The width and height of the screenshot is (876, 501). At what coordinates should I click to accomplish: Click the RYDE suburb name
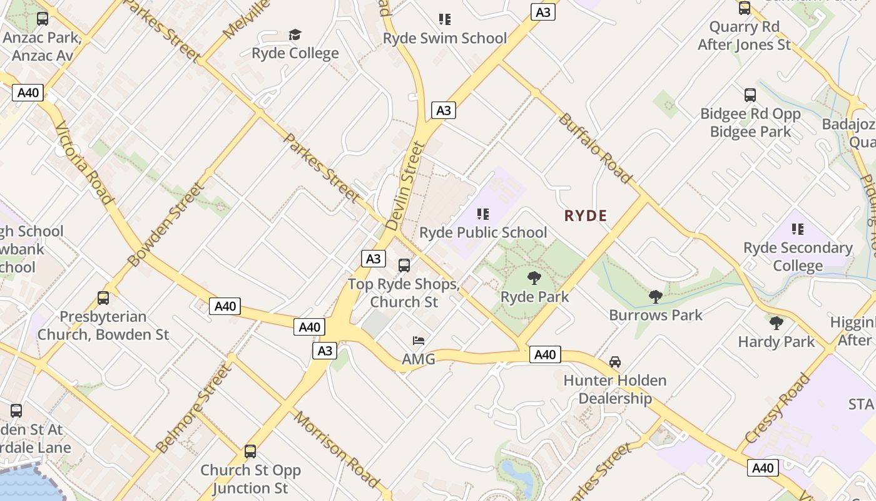pos(586,216)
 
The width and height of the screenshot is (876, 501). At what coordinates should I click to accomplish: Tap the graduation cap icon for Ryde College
pos(295,35)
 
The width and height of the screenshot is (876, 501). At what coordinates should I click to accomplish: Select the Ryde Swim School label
pos(445,38)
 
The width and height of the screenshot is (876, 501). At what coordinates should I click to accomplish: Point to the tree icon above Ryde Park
pos(534,277)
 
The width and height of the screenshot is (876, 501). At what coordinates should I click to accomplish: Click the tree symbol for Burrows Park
pos(656,296)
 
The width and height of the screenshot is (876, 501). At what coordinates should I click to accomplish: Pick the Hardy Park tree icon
pos(777,323)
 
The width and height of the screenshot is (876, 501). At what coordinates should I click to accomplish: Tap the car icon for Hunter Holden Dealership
pos(615,362)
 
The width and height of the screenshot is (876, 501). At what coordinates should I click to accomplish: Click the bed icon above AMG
pos(419,341)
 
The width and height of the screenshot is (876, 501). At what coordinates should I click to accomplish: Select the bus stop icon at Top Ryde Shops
pos(404,266)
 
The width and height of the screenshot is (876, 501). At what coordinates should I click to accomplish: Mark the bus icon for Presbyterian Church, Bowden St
pos(103,298)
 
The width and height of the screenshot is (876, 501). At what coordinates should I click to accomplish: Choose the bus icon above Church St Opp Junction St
pos(250,452)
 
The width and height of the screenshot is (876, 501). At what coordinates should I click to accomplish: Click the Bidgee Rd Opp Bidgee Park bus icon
pos(750,95)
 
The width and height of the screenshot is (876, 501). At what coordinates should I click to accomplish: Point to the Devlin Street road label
pos(405,187)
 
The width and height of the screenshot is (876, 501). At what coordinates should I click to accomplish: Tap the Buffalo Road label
pos(595,148)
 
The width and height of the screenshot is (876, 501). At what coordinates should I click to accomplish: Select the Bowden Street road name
pos(165,225)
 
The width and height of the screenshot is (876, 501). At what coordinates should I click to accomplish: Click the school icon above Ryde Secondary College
pos(797,229)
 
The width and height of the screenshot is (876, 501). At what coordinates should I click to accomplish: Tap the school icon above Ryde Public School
pos(482,214)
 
